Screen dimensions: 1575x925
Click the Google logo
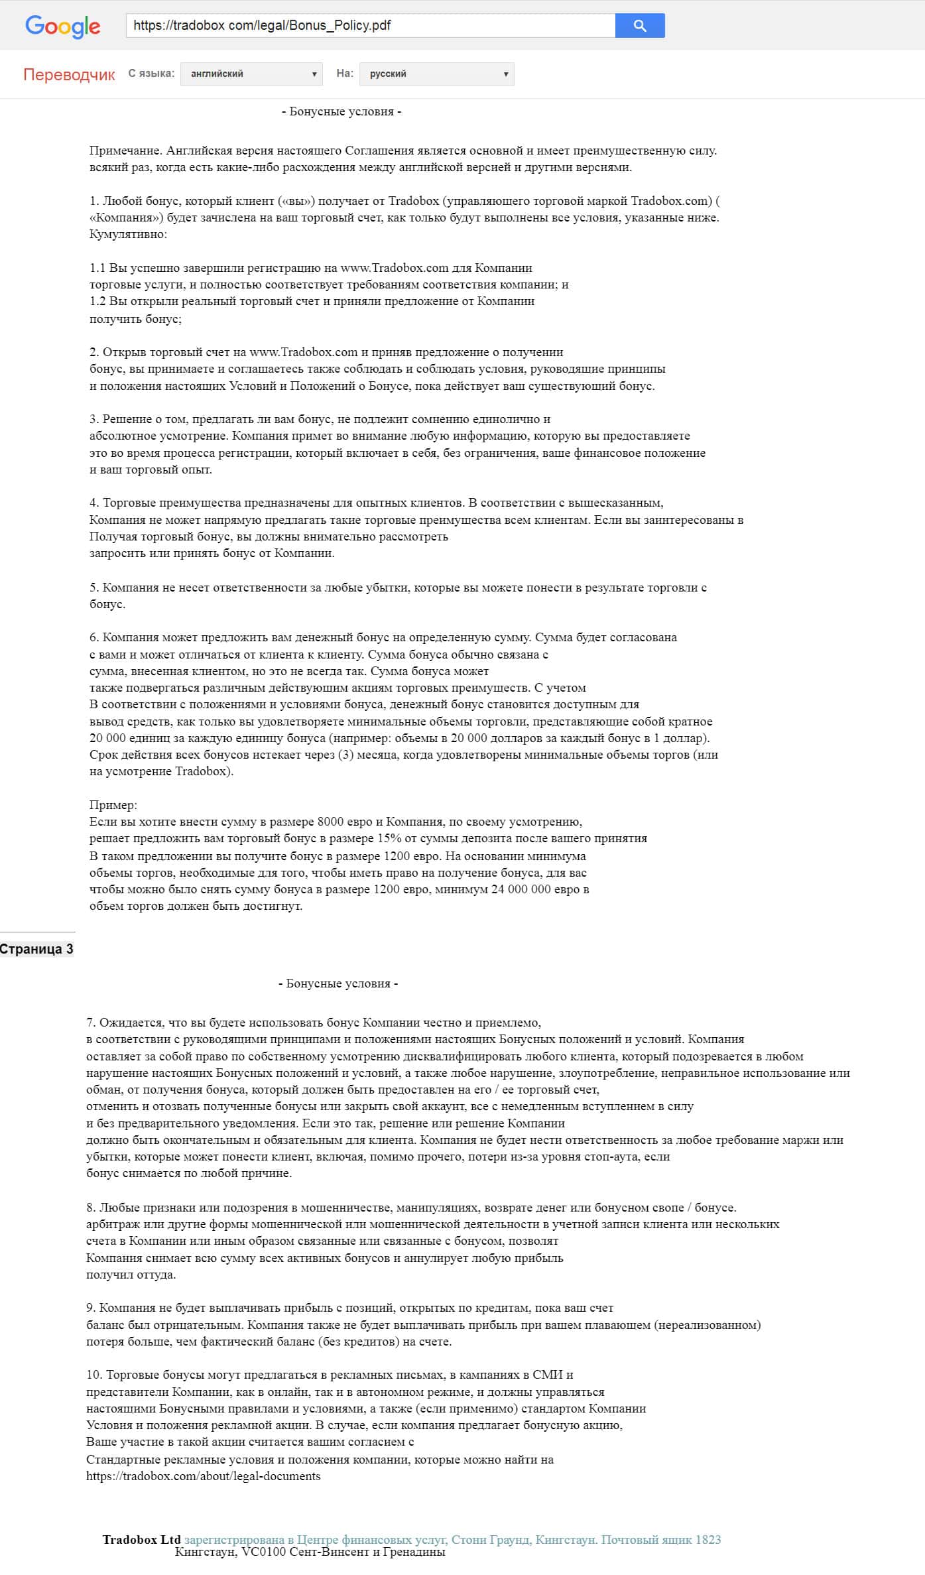(x=63, y=27)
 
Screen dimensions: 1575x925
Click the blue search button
(x=639, y=26)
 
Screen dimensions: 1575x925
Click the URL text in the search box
(x=262, y=26)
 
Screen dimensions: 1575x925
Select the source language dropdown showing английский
(x=251, y=74)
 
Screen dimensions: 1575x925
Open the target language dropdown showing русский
(x=436, y=74)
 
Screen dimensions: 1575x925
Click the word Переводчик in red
(x=69, y=74)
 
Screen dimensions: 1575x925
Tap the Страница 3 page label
(x=36, y=949)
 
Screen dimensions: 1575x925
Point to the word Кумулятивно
(x=128, y=234)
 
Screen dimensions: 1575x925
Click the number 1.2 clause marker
(x=97, y=301)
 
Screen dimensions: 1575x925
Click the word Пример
(x=113, y=805)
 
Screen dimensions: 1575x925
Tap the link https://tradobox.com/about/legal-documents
(x=203, y=1476)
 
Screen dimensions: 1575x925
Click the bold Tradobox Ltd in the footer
(x=141, y=1540)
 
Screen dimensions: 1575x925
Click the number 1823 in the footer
(x=708, y=1540)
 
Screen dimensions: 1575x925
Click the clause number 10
(x=93, y=1375)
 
